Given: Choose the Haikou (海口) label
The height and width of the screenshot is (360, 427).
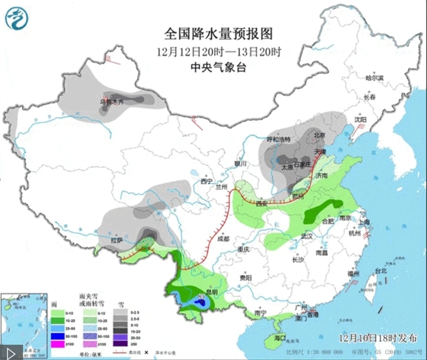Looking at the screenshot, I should click(280, 337).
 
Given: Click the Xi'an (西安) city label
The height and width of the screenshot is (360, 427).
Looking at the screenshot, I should click(263, 203).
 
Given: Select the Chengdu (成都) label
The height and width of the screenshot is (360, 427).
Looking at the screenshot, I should click(224, 239).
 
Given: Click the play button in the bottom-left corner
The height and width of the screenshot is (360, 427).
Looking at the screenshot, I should click(11, 352).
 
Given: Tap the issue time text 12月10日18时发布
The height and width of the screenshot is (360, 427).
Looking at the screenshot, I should click(378, 337).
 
